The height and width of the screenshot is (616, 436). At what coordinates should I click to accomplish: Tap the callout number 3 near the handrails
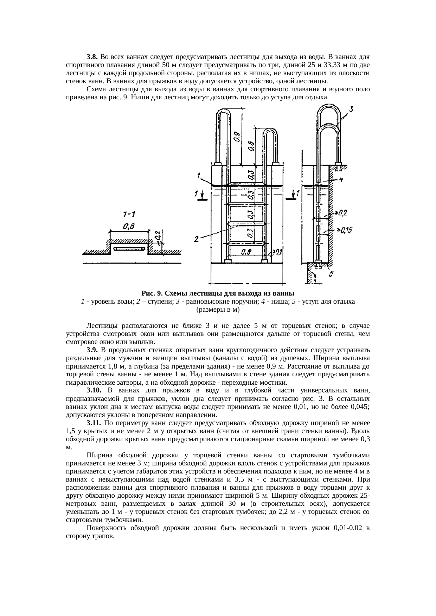[351, 110]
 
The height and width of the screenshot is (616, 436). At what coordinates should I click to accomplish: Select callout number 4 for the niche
[341, 179]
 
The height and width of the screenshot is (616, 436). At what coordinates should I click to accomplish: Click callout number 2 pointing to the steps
[197, 239]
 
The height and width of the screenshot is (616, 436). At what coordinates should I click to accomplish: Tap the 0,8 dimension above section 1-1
[128, 227]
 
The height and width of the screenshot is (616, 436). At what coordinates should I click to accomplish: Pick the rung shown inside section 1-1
[129, 249]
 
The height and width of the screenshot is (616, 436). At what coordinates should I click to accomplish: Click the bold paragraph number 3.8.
[92, 57]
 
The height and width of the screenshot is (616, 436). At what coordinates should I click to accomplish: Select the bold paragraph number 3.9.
[92, 350]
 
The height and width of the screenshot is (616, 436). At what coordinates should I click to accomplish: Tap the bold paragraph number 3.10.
[94, 390]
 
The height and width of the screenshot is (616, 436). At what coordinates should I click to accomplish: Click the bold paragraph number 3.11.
[94, 423]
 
